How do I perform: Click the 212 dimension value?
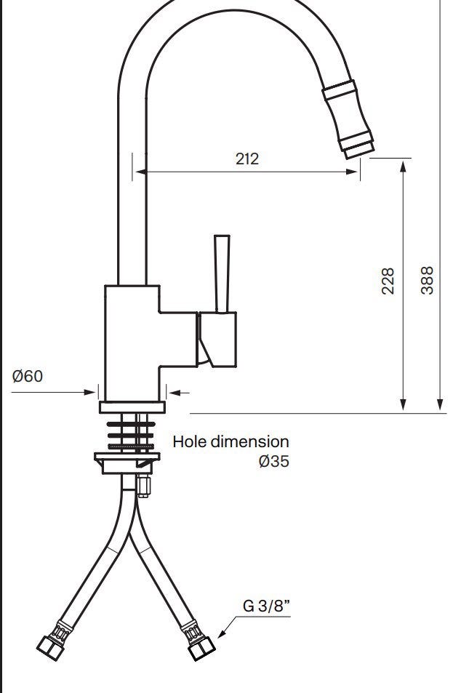click(247, 159)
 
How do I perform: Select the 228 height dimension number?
click(388, 281)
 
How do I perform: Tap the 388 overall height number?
click(427, 280)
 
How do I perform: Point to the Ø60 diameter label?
click(28, 376)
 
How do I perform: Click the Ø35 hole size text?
click(274, 461)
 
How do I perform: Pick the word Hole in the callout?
click(190, 441)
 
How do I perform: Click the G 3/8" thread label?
click(267, 605)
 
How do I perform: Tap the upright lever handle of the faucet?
click(222, 274)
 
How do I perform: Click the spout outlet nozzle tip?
click(359, 150)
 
